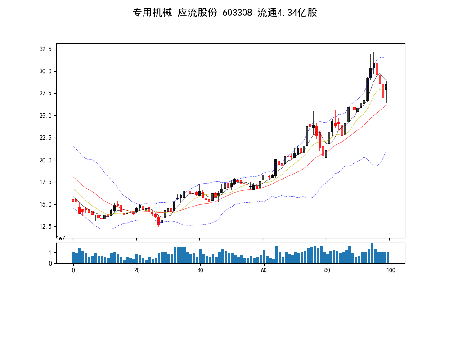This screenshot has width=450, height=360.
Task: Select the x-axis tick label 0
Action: [x=73, y=270]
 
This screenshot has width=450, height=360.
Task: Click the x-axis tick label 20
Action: [x=137, y=270]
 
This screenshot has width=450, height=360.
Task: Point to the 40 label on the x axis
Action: [x=200, y=270]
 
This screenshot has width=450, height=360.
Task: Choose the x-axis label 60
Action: [x=264, y=270]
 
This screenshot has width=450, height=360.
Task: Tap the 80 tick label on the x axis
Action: [x=327, y=270]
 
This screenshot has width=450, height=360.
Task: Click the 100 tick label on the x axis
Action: [x=391, y=270]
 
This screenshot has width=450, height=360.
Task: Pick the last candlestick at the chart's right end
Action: [x=386, y=86]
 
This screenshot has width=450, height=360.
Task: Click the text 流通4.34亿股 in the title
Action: [x=287, y=13]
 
